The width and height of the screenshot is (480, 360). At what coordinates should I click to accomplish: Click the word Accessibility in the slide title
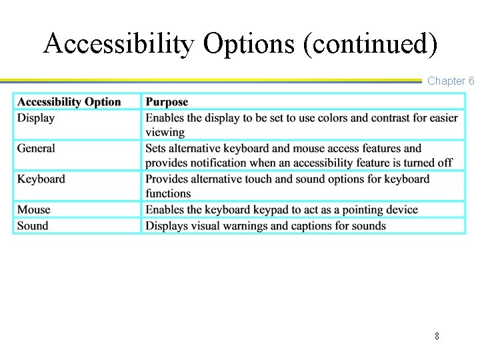119,44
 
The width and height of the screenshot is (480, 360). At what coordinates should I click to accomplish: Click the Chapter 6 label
451,81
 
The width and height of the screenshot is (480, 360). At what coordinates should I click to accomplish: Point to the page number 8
437,336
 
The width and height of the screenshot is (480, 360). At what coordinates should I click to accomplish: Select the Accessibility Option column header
69,102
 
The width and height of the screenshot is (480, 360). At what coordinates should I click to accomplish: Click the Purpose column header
167,102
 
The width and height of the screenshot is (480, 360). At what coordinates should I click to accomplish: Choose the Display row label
36,118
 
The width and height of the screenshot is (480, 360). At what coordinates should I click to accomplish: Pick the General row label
36,148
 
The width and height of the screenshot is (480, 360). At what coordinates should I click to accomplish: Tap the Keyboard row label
41,179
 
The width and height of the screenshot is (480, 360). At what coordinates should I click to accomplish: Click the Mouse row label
33,209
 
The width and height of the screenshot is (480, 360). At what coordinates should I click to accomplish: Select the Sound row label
33,225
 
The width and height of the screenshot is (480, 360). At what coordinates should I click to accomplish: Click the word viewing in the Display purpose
165,132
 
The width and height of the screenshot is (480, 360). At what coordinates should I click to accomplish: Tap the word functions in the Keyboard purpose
169,193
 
